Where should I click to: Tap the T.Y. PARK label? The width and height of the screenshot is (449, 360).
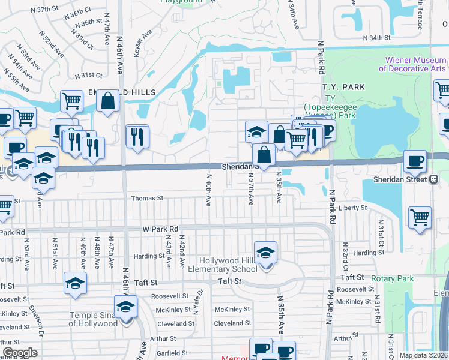pyautogui.click(x=343, y=87)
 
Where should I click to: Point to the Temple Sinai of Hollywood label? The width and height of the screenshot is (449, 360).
pyautogui.click(x=93, y=319)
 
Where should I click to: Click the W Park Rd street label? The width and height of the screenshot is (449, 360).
pyautogui.click(x=161, y=229)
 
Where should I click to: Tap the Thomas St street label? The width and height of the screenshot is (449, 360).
pyautogui.click(x=147, y=198)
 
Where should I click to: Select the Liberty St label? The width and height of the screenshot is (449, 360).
pyautogui.click(x=353, y=208)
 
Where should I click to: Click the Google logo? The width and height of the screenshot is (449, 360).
pyautogui.click(x=20, y=353)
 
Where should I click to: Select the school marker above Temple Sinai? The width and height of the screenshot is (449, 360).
pyautogui.click(x=125, y=308)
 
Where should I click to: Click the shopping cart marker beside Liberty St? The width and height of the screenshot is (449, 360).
pyautogui.click(x=420, y=217)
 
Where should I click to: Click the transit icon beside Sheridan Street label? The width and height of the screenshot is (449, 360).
pyautogui.click(x=433, y=179)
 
